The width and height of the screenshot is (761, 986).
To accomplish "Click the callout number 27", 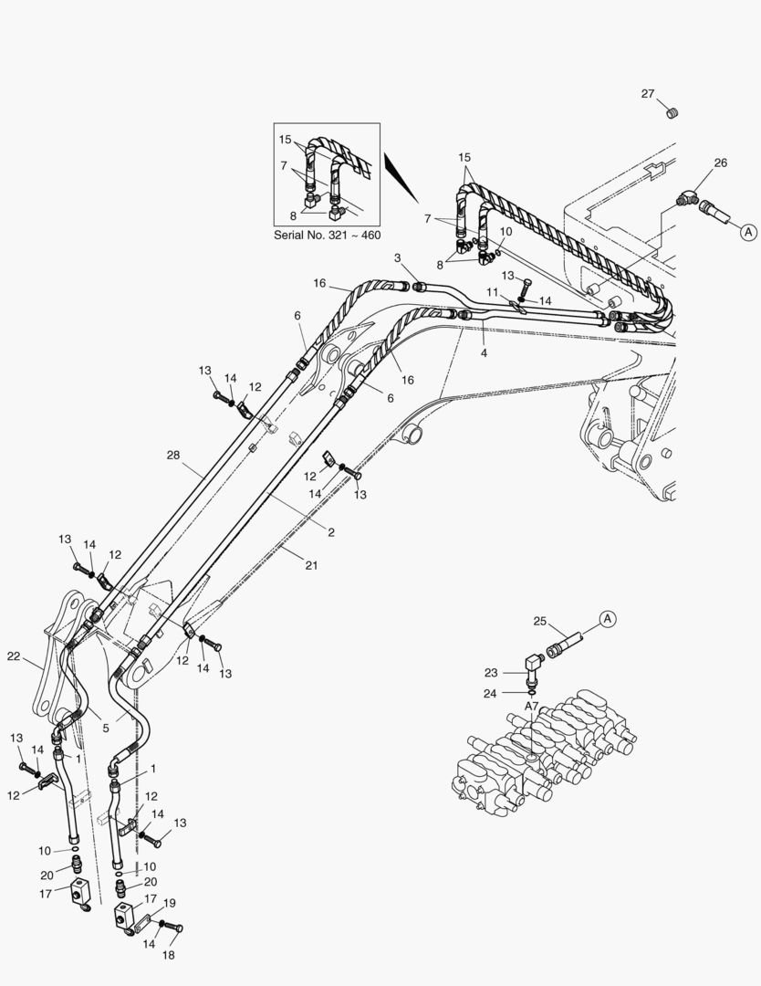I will click(x=647, y=94).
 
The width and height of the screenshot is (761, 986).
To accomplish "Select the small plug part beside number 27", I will click(x=673, y=113).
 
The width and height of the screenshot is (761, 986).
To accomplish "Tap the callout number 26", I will click(x=720, y=163).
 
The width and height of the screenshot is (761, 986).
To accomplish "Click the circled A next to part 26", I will click(x=747, y=232).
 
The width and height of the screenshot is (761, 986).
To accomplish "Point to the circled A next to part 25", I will click(x=608, y=618).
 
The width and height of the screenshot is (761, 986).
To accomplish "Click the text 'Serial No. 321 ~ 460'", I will click(x=328, y=235).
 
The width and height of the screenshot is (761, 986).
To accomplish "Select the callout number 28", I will click(x=173, y=454).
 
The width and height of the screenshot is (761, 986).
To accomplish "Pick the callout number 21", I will click(x=311, y=566).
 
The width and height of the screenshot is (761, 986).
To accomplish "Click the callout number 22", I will click(x=14, y=656).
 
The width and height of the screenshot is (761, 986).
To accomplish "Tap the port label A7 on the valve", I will click(x=531, y=706).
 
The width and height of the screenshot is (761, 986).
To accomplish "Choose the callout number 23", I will click(x=491, y=672).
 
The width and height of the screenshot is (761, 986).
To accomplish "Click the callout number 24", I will click(x=491, y=692).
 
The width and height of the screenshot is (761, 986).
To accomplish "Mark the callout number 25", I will click(x=539, y=622).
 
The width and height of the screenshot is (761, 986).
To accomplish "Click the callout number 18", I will click(x=168, y=955).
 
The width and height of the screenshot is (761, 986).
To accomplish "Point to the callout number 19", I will click(x=170, y=902).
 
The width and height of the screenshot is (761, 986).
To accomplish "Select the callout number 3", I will click(x=398, y=258).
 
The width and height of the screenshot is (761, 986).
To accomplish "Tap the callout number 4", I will click(x=484, y=351).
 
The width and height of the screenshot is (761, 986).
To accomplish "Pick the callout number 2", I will click(x=331, y=532).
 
